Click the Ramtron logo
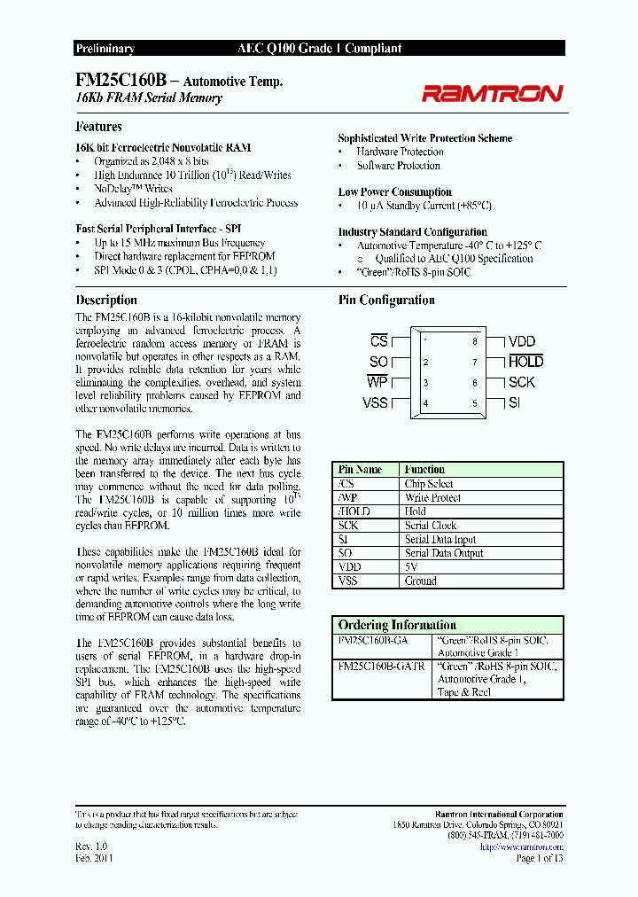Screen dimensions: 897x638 point(491,93)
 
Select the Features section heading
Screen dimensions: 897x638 point(98,127)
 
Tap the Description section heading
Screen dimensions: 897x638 point(106,300)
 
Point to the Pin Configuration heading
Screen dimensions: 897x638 point(386,300)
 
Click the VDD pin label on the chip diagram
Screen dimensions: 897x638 point(522,341)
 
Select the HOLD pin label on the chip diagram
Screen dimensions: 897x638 point(525,362)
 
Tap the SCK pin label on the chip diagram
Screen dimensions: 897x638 point(522,382)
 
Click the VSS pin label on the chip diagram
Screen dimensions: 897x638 point(376,403)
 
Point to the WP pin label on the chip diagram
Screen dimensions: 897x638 point(377,382)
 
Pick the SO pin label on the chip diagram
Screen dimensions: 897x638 point(378,362)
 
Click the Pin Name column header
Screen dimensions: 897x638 point(361,470)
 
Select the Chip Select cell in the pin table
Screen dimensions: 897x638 point(429,484)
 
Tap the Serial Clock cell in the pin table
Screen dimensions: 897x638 point(432,526)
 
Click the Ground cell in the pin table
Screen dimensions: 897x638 point(421,581)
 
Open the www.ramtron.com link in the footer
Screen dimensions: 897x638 point(521,846)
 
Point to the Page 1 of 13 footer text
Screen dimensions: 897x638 point(539,858)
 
